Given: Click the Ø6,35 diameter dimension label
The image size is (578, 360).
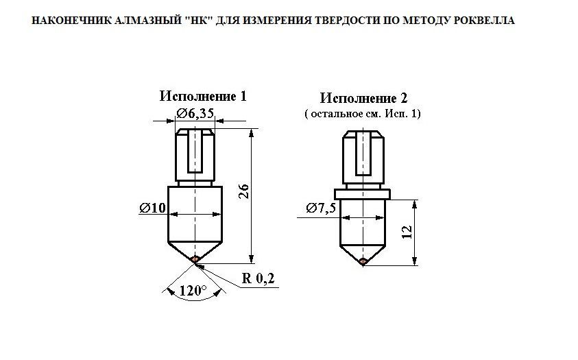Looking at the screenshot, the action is coord(195,113).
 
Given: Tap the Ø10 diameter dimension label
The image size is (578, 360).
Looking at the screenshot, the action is coord(153,208).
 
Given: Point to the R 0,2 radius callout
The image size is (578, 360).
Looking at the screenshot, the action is coord(258,278).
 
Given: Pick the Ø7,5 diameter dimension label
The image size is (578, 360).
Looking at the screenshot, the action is coord(321,208).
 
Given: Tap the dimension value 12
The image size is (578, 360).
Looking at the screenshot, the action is coord(407,232).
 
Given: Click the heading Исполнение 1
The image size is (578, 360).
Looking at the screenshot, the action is coord(203,96).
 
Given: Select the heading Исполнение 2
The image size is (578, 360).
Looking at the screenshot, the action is coord(363,98).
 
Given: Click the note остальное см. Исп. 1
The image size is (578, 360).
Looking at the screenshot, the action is coord(363,114).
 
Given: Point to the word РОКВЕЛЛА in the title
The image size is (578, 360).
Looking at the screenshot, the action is coord(483,21).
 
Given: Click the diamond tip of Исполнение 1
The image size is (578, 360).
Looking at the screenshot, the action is coord(195,259).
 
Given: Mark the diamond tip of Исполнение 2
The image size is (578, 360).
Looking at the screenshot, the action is coord(363,261).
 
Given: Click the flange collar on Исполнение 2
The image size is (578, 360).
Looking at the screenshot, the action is coord(362,194).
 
